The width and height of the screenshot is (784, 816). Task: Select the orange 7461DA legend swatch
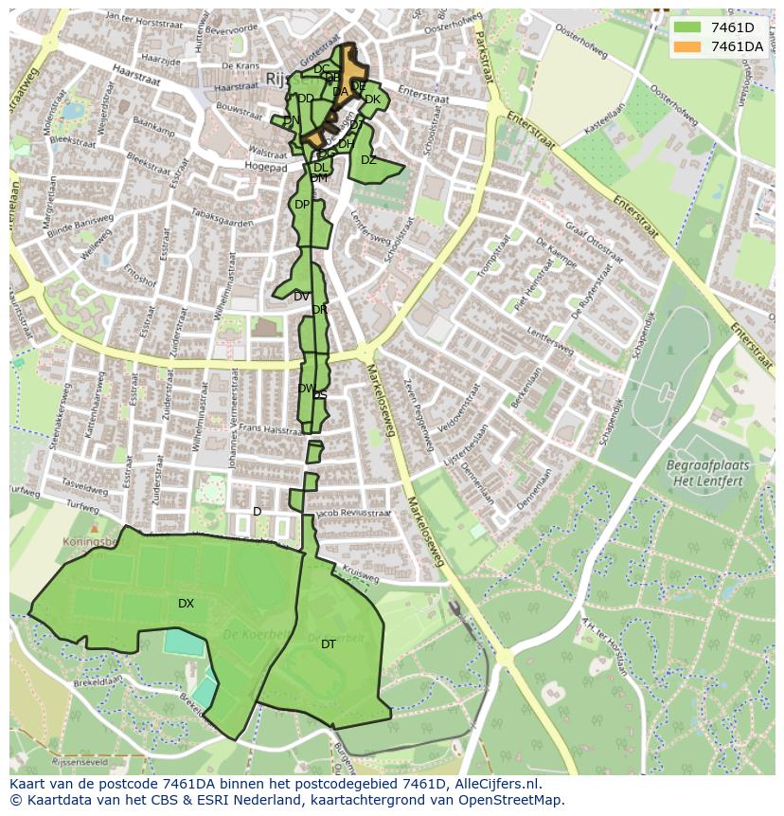(x=688, y=46)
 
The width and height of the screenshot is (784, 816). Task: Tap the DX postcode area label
(x=186, y=604)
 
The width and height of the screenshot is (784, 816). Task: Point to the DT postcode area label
(x=329, y=644)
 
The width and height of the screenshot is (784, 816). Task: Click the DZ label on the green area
(x=368, y=160)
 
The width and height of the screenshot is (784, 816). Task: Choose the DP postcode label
(x=301, y=205)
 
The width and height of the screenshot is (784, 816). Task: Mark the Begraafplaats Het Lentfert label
(x=707, y=473)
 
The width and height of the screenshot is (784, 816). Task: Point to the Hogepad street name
(x=266, y=167)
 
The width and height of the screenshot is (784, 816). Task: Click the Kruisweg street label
(x=361, y=573)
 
